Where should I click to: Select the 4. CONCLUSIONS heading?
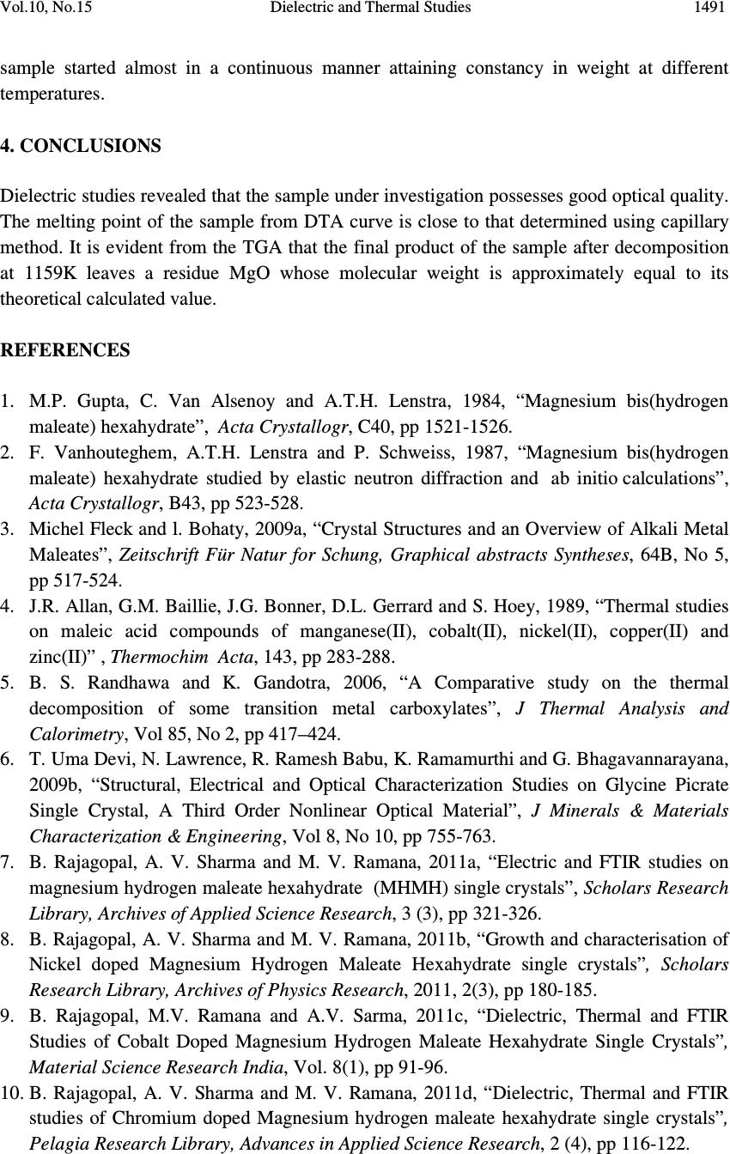pyautogui.click(x=81, y=146)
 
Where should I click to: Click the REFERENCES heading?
pyautogui.click(x=65, y=350)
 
